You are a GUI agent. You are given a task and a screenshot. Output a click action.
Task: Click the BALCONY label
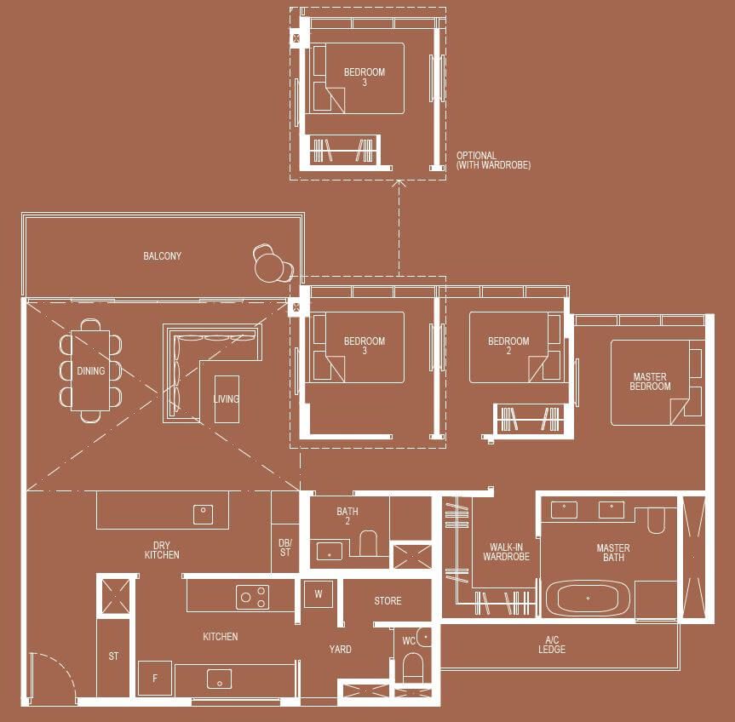click(162, 255)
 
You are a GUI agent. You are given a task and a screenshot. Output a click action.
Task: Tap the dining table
click(90, 370)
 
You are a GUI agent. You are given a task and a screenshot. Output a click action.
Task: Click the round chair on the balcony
click(273, 264)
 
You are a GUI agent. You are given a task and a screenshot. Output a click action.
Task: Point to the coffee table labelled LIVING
click(227, 399)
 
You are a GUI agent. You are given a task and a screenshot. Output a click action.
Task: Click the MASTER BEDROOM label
click(650, 381)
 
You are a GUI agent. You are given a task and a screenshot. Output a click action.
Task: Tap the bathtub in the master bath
click(589, 598)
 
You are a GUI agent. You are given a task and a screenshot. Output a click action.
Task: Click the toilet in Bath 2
click(368, 542)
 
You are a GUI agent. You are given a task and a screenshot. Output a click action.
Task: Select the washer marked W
click(319, 594)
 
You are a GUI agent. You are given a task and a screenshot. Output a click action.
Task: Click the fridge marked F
click(155, 678)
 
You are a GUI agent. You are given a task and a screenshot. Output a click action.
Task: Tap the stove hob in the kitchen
click(253, 597)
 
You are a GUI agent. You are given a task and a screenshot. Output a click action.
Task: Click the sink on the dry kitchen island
click(203, 514)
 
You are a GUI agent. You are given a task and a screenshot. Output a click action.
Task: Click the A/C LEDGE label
click(552, 645)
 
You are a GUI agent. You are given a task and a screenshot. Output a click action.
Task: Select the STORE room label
click(388, 600)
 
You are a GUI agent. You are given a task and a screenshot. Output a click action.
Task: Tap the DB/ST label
click(285, 547)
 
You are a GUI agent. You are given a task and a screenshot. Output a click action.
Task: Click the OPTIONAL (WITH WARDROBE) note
click(494, 160)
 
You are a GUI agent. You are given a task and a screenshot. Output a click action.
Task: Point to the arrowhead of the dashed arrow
click(399, 182)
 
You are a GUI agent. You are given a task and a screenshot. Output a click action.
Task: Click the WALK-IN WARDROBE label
click(506, 552)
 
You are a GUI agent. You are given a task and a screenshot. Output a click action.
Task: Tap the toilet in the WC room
click(413, 668)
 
